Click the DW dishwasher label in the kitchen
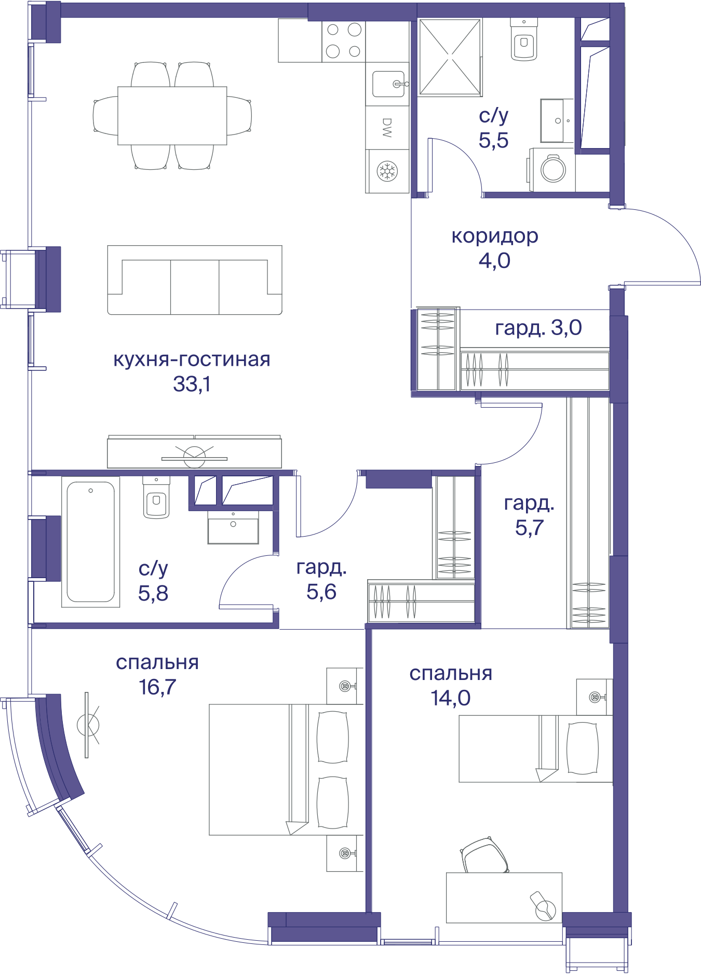pos(387,128)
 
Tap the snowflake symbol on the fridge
pos(387,171)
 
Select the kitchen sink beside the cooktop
pos(388,84)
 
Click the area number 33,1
pos(192,384)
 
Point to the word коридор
pos(495,236)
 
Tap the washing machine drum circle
pos(554,169)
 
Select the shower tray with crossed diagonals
pos(450,57)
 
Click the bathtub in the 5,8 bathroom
pos(91,542)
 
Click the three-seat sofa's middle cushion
pos(195,287)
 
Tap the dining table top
pos(172,115)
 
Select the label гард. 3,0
pos(538,328)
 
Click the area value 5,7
pos(529,528)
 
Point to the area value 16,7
pos(157,687)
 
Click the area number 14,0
pos(450,698)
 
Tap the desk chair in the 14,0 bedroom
pos(484,856)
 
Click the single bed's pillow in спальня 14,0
pos(582,749)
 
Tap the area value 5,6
pos(321,592)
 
